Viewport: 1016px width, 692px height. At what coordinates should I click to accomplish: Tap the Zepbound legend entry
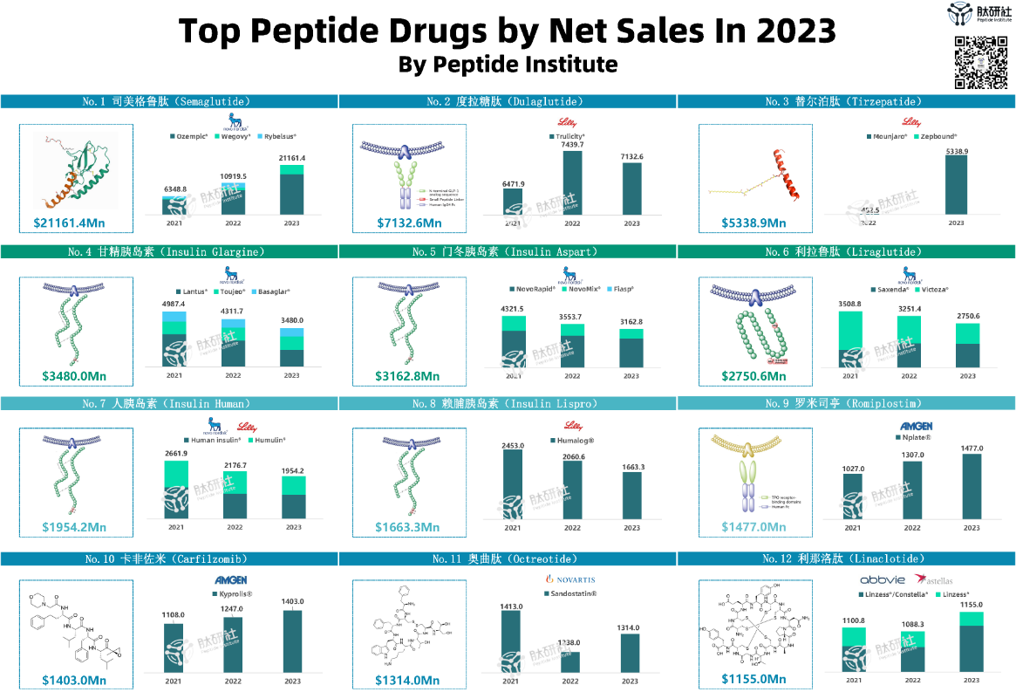pos(936,136)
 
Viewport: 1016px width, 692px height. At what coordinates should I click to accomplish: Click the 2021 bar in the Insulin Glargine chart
pos(175,337)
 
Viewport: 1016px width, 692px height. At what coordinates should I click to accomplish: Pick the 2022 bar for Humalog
pos(572,489)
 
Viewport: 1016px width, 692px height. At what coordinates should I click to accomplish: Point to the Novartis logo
pos(570,579)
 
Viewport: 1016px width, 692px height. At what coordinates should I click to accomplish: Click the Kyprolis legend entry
pos(235,595)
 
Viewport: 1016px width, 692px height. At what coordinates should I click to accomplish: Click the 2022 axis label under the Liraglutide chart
pos(909,376)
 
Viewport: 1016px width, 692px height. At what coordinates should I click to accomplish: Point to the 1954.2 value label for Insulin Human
pos(293,471)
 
